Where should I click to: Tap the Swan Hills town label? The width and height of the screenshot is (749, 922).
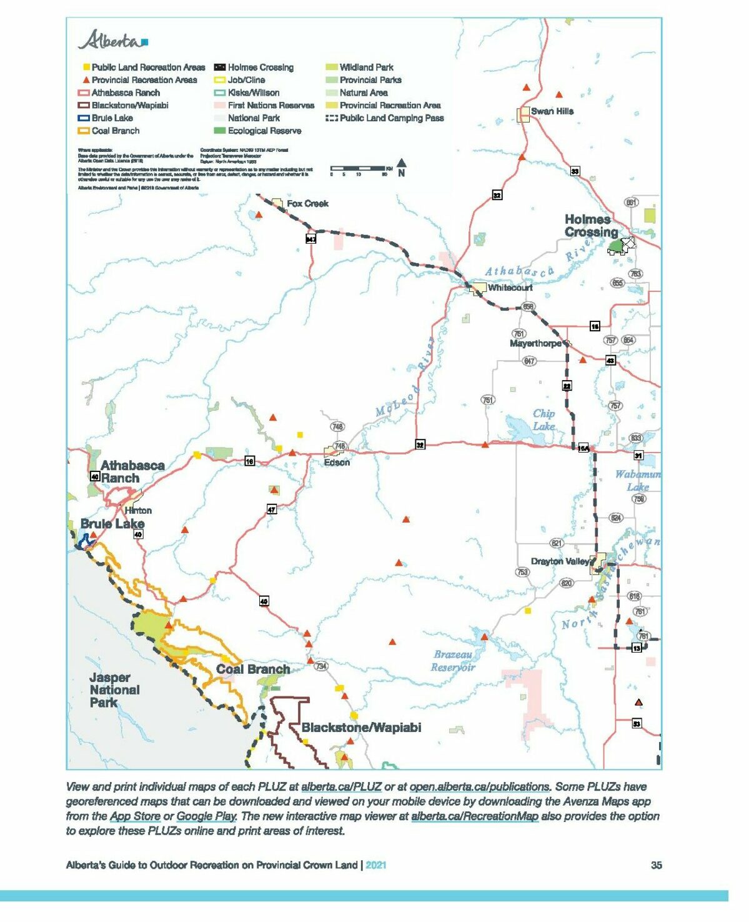552,111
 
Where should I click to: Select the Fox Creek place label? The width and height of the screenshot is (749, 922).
307,203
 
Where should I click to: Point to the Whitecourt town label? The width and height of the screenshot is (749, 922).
510,288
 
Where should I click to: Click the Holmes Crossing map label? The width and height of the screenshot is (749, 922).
590,226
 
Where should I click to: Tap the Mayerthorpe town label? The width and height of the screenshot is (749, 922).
535,343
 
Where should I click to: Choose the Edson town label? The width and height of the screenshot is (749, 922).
337,463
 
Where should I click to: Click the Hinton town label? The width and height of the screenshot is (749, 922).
137,510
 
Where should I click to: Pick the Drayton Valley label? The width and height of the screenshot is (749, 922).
560,561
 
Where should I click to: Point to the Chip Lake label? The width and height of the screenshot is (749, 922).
543,419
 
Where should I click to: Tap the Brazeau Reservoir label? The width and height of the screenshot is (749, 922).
453,661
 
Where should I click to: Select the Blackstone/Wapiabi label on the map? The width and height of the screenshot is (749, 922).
361,728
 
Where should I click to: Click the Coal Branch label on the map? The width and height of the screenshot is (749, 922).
253,669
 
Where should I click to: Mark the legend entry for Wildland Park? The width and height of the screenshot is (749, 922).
366,67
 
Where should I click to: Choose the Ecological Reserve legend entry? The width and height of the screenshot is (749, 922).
264,131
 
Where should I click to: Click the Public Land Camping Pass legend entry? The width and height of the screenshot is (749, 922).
391,118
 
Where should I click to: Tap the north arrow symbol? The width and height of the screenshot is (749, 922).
401,168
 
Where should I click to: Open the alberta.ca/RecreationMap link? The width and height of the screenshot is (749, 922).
474,816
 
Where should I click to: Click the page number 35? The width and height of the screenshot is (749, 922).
656,865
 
